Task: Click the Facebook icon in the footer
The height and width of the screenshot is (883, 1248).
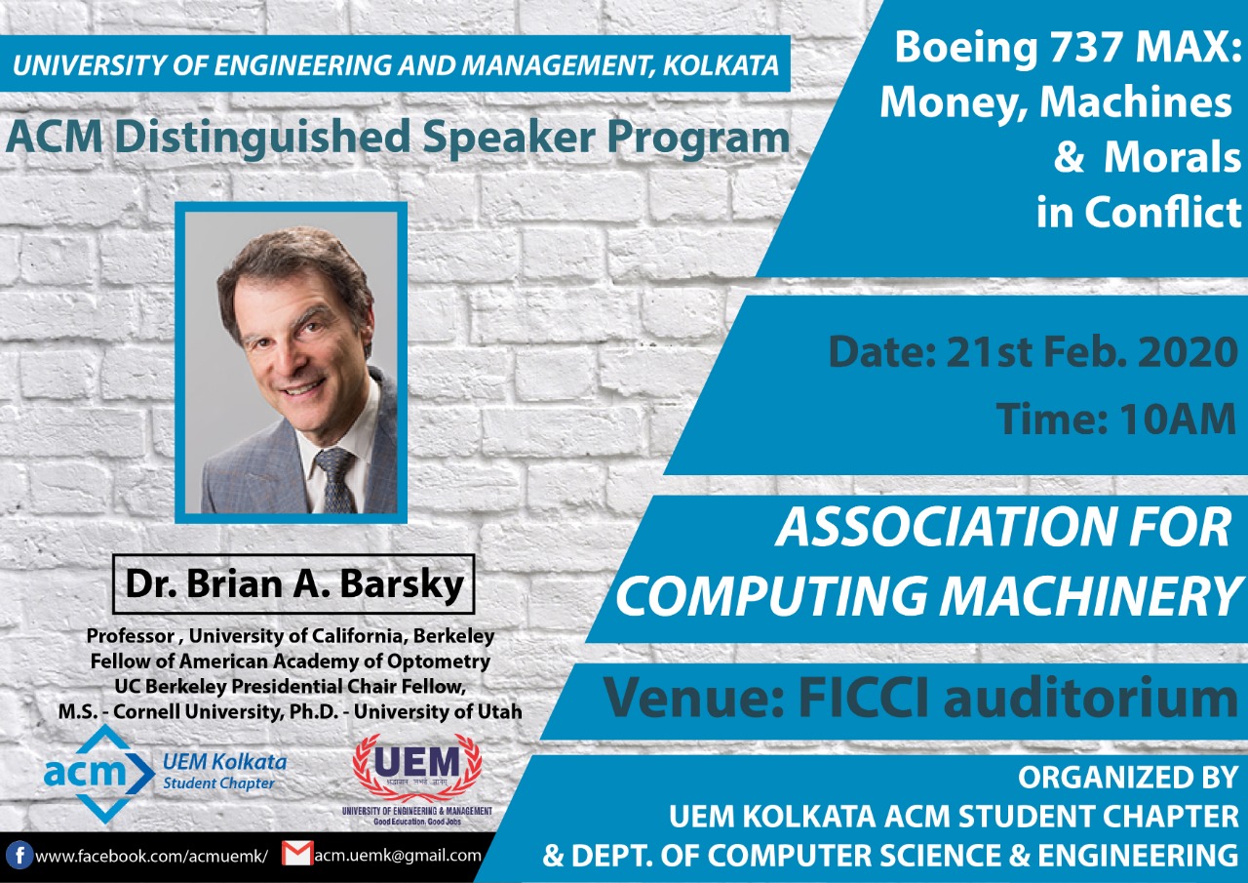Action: pyautogui.click(x=19, y=856)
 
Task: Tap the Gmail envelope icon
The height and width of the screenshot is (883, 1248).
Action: pyautogui.click(x=296, y=854)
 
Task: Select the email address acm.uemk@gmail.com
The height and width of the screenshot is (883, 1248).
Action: pyautogui.click(x=398, y=856)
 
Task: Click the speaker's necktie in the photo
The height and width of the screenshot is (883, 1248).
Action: pyautogui.click(x=335, y=478)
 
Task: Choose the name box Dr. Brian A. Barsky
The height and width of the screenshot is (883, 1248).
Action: pyautogui.click(x=293, y=583)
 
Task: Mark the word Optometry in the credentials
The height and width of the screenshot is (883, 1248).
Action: pyautogui.click(x=440, y=661)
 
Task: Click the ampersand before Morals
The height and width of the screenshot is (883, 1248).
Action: pyautogui.click(x=1069, y=158)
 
